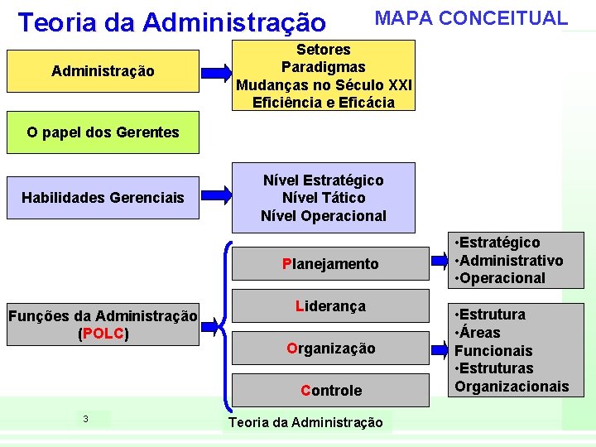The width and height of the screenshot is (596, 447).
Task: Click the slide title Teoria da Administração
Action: [172, 22]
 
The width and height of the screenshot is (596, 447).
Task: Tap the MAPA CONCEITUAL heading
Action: [471, 18]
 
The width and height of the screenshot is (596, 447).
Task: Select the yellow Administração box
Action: [103, 71]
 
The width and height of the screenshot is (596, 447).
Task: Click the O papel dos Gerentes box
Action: [103, 132]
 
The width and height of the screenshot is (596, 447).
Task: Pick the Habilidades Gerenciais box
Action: [103, 197]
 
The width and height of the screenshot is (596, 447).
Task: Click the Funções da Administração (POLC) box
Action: [103, 324]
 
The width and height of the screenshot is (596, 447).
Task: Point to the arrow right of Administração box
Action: [217, 71]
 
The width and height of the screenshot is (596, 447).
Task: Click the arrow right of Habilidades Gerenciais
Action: [217, 197]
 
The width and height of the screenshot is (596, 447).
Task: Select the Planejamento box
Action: [330, 264]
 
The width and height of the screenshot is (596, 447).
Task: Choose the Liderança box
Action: [330, 306]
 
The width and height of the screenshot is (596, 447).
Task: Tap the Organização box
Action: [330, 348]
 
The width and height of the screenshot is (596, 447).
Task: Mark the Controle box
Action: [330, 390]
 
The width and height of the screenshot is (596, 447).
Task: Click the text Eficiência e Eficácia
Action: [324, 103]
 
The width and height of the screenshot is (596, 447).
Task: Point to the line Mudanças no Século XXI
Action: [324, 85]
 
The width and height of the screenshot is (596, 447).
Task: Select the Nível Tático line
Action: [324, 198]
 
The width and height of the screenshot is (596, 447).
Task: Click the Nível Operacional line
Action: [324, 216]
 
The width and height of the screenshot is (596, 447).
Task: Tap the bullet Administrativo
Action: [508, 261]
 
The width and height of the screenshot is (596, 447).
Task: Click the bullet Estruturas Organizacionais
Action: [512, 377]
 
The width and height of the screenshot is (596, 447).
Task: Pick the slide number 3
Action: [85, 419]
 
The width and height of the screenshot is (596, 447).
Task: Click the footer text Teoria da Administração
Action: [305, 423]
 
